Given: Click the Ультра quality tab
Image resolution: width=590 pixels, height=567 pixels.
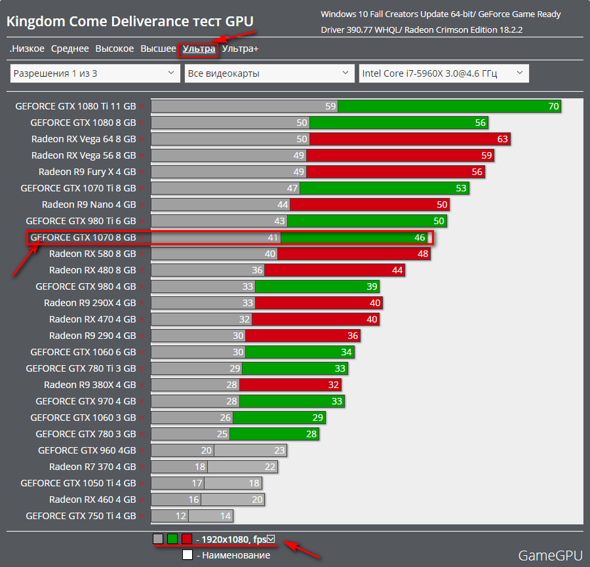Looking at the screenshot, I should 199,49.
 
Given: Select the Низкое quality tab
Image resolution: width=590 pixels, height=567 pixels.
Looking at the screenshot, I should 28,49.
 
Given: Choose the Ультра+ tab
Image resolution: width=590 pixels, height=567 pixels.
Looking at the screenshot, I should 240,49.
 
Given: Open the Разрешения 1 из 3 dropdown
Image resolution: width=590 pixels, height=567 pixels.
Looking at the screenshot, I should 95,73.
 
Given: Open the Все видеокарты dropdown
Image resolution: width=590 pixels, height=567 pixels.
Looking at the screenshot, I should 269,73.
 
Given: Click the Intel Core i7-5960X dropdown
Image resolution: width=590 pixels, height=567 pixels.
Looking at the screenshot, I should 444,73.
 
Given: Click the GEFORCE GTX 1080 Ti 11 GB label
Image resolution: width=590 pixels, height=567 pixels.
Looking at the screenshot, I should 75,106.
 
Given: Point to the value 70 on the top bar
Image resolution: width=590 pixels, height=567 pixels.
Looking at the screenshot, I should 553,106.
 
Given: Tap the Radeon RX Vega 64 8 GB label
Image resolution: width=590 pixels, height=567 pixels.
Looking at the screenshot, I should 83,139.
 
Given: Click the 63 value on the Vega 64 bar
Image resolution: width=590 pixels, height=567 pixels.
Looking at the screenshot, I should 502,139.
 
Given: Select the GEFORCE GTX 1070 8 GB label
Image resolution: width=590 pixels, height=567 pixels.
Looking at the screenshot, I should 83,237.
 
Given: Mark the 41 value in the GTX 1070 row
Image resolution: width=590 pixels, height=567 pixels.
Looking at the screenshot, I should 273,237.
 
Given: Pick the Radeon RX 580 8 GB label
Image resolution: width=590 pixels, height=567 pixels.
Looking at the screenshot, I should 92,254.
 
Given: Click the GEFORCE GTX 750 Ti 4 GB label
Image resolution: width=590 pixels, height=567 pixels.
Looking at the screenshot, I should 81,516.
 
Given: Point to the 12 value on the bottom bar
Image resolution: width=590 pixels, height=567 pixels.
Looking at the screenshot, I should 181,516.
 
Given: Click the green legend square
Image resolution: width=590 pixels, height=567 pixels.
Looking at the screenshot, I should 172,539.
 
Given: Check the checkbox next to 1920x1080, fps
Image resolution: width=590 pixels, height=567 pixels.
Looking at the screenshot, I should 271,539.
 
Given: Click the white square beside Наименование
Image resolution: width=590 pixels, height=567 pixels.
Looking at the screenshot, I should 187,555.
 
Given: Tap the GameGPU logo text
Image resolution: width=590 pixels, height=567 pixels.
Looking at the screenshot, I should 550,555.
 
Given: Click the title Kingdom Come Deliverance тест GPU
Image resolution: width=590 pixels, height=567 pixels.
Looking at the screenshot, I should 130,22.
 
